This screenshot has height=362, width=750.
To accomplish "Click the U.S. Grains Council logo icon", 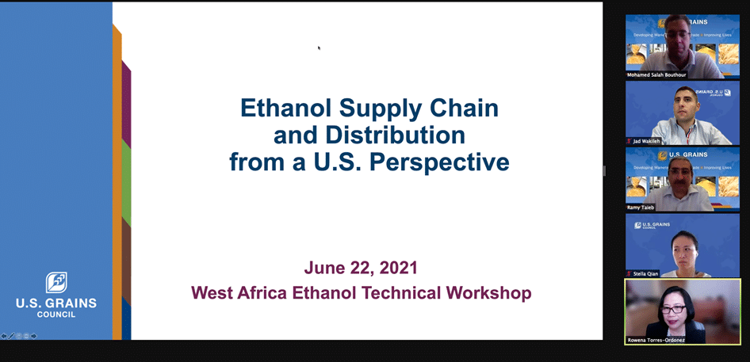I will pyautogui.click(x=56, y=282).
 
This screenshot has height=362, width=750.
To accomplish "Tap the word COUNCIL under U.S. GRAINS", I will pyautogui.click(x=56, y=314).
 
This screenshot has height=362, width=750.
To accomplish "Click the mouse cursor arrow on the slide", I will pyautogui.click(x=320, y=48).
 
